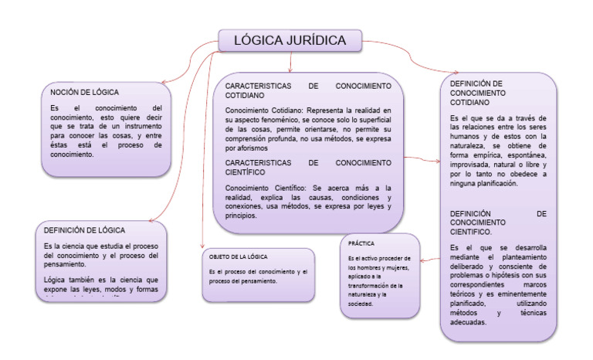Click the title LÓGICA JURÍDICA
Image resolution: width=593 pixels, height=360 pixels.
(290, 41)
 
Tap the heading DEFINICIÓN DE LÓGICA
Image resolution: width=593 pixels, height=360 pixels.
(85, 229)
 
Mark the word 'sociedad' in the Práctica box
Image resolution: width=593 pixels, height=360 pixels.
(361, 304)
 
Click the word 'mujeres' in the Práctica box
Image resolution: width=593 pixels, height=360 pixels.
(393, 267)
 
